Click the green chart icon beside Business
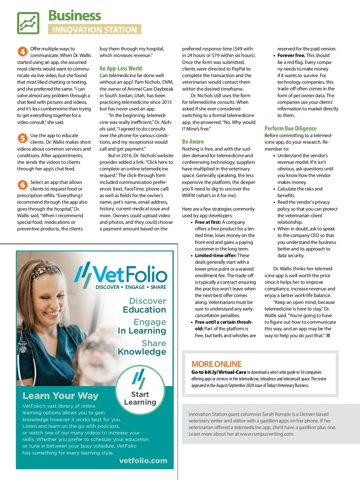[x=28, y=23]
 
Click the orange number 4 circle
[x=22, y=52]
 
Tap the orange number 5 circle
[x=22, y=138]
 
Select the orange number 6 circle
[x=22, y=185]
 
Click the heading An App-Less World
[x=121, y=68]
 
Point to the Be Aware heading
[x=193, y=142]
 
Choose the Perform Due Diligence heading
[x=290, y=128]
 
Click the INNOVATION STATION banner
[x=94, y=29]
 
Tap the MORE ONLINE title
[x=216, y=364]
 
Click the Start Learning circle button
[x=140, y=390]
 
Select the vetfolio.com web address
[x=143, y=460]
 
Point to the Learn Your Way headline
[x=61, y=396]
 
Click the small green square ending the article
[x=328, y=335]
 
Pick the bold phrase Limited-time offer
[x=215, y=256]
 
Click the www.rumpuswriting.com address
[x=267, y=434]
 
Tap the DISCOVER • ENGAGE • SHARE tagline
[x=131, y=287]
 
